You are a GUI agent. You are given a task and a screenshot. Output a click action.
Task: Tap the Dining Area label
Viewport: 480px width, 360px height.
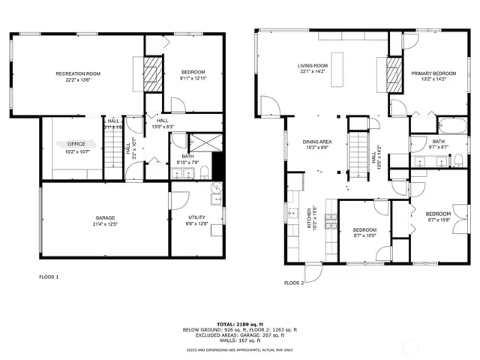pos(317,144)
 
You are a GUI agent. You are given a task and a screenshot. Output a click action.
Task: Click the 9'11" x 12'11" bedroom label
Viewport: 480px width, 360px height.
pos(192,74)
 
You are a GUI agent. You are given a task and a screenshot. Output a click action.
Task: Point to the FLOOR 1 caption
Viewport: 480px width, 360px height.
pos(49,277)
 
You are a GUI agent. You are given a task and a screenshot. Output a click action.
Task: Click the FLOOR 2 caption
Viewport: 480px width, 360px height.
pos(293,283)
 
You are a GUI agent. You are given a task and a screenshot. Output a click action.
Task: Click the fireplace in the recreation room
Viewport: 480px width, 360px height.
pos(153,73)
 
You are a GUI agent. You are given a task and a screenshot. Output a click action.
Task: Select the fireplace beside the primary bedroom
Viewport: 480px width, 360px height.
pos(395,73)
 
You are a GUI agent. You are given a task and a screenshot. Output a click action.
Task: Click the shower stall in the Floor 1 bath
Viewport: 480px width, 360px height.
pos(201,142)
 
